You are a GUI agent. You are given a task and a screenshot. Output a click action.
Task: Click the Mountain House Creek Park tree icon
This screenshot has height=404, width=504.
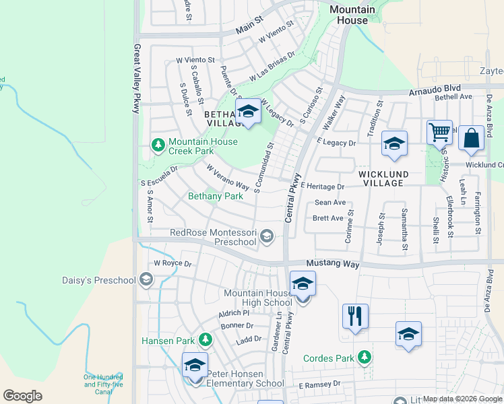click(158, 145)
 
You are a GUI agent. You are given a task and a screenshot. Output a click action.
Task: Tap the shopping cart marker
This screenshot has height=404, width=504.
click(439, 133)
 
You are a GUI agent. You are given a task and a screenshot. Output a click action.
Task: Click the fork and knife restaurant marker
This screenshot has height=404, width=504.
click(355, 317)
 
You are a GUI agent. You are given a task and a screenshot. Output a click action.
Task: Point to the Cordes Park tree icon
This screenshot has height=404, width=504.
click(365, 356)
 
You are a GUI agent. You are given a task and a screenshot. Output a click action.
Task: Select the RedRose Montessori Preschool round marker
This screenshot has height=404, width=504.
click(267, 235)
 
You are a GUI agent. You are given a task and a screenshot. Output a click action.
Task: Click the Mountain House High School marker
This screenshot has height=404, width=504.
click(303, 285)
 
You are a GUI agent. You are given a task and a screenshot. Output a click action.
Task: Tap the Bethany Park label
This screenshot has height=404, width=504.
click(215, 196)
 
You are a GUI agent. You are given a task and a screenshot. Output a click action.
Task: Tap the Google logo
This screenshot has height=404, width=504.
click(22, 396)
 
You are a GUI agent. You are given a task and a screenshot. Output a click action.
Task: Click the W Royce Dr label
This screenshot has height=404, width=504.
click(173, 263)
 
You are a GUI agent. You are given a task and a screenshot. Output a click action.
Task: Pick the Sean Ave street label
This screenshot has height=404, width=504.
click(329, 202)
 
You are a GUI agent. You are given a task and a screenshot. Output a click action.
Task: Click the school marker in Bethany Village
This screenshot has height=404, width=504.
click(248, 112)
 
